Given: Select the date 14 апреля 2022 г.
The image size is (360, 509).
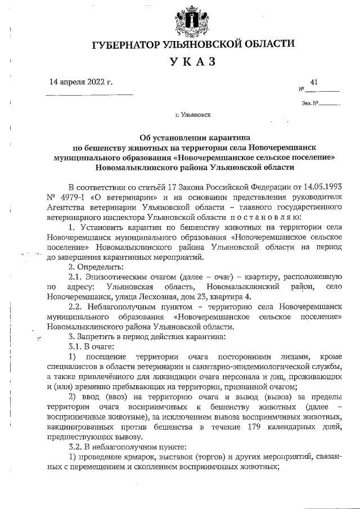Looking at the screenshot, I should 81,82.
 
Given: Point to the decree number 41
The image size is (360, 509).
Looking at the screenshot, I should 314,82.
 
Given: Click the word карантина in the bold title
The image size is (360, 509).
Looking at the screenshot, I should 225,137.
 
